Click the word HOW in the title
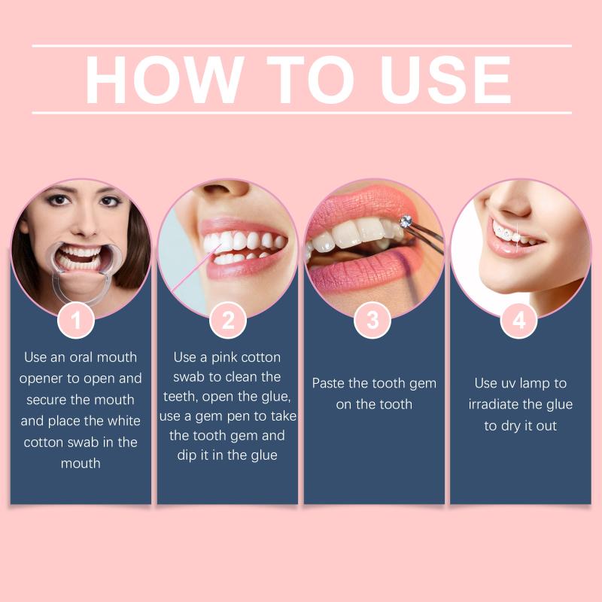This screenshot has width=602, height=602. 164,80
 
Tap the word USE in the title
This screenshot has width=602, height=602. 445,80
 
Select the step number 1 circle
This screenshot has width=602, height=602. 76,321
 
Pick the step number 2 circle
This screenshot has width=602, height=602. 228,321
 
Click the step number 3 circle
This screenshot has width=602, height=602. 372,321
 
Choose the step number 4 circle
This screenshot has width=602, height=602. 519,321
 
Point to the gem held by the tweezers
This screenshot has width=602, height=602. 406,221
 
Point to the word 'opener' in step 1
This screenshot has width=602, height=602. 41,379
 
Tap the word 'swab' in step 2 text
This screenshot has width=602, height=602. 189,377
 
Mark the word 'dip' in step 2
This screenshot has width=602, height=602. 187,455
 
